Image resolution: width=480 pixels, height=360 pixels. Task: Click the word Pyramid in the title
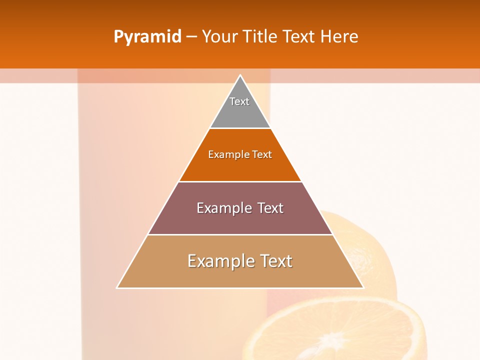click(147, 37)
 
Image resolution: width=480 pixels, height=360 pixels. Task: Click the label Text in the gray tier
click(239, 101)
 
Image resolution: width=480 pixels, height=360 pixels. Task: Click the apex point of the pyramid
click(240, 75)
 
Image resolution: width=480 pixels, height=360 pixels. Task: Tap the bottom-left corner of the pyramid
click(117, 287)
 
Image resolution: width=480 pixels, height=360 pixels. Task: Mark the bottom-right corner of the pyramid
click(363, 287)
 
